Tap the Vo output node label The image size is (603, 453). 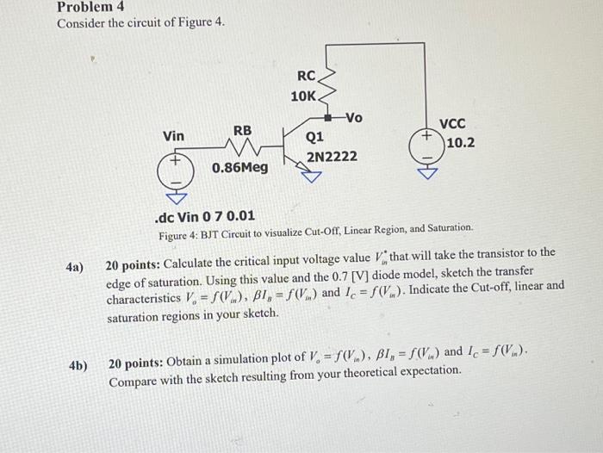354,117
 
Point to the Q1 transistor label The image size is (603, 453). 314,136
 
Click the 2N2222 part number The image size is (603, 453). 332,157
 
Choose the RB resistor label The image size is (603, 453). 243,130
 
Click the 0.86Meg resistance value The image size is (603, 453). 240,166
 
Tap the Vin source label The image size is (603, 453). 173,136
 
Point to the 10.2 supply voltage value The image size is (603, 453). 461,142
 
